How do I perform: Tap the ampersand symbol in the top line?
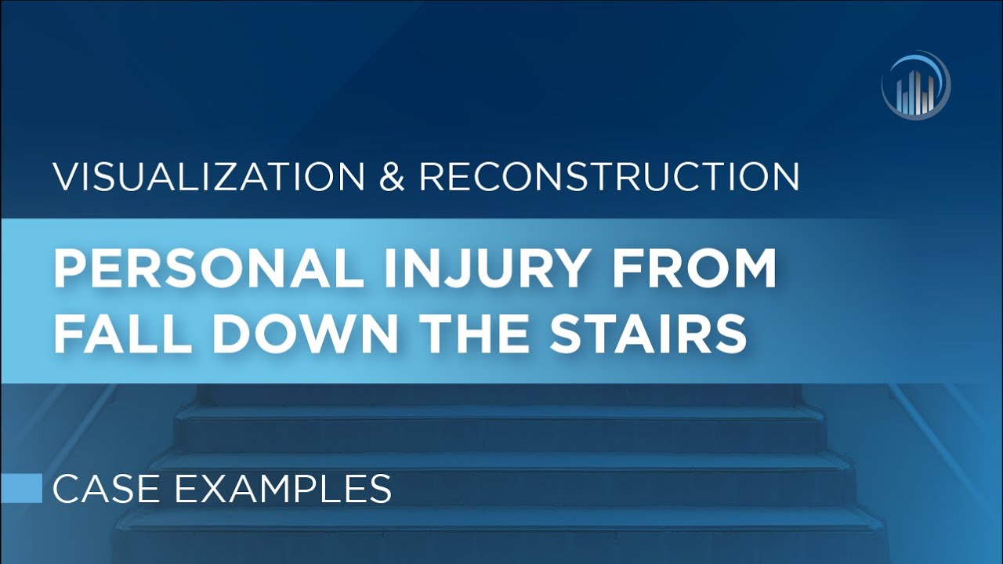[x=392, y=177]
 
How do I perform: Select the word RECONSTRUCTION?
[x=609, y=177]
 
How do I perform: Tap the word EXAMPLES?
[x=282, y=489]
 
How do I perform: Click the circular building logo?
[x=915, y=85]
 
